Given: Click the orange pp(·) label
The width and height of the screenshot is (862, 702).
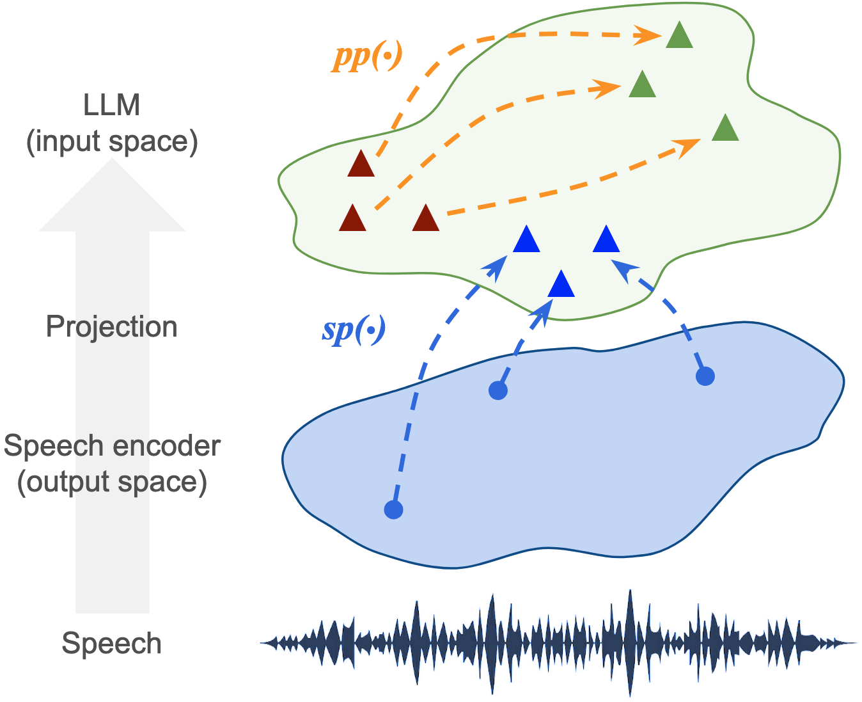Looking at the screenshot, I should [x=367, y=58].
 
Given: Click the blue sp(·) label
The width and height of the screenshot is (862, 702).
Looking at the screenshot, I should [x=354, y=330].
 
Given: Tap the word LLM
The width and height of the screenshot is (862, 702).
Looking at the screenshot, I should [x=112, y=106].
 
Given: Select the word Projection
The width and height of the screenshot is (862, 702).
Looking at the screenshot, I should [x=112, y=327].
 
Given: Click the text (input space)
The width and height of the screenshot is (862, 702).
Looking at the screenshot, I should [x=112, y=141].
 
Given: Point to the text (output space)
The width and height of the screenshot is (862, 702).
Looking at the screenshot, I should [x=112, y=482].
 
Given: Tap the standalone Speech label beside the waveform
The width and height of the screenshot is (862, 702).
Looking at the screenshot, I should [x=112, y=643].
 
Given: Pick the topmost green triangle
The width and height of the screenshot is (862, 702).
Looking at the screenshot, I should [x=679, y=36].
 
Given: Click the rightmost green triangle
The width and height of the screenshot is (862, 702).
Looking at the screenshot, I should [x=725, y=129].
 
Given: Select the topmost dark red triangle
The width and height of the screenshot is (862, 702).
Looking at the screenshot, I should [x=361, y=165].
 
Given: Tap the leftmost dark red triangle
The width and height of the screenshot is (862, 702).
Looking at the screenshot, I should [x=352, y=219].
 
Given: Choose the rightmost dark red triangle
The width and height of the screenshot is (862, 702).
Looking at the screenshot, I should [x=426, y=219].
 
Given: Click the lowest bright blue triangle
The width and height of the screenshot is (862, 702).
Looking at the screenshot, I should [x=561, y=285].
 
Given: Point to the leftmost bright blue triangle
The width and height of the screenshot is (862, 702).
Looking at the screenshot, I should [x=527, y=241].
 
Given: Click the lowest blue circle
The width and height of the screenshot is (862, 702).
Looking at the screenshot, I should [x=393, y=509].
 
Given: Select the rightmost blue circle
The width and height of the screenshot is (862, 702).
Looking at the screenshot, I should [x=705, y=376].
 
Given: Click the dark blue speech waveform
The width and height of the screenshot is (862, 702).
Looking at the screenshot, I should [x=556, y=643].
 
